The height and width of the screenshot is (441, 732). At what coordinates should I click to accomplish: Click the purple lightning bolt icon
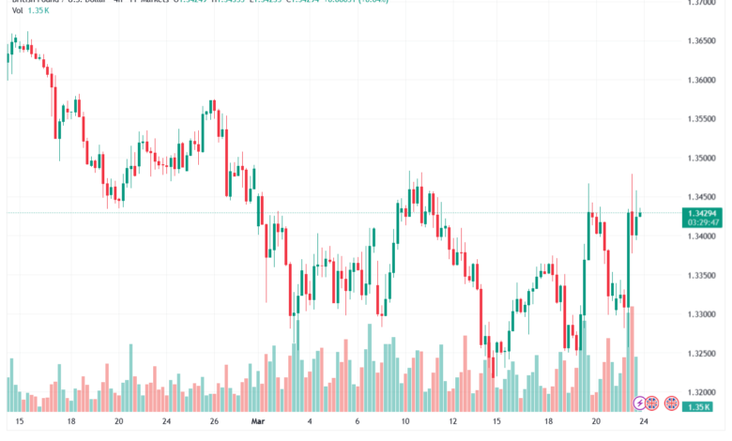click(x=641, y=403)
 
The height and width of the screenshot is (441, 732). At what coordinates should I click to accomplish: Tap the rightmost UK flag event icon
click(x=671, y=403)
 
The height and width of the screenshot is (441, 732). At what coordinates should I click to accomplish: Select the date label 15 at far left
click(x=19, y=423)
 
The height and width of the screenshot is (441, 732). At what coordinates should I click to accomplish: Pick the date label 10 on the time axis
click(x=404, y=423)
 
